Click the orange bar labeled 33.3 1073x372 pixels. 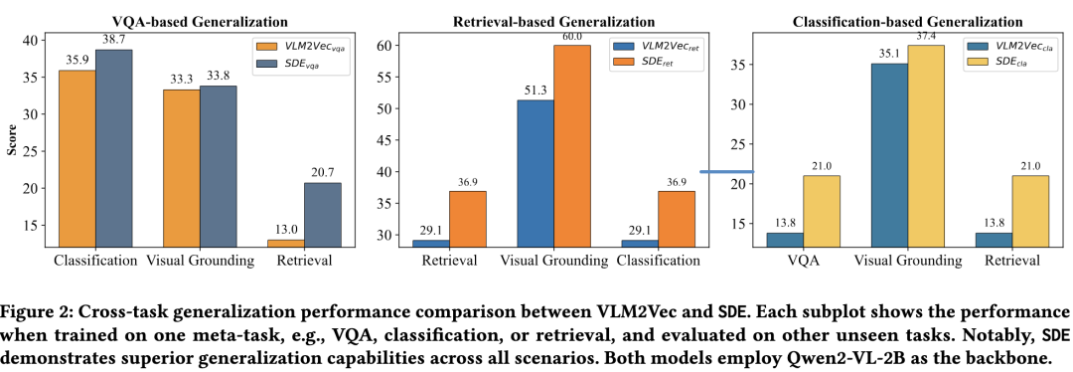tap(182, 168)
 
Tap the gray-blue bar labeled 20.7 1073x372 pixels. tap(322, 215)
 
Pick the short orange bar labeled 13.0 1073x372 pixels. tap(286, 244)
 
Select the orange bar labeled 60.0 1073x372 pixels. tap(572, 146)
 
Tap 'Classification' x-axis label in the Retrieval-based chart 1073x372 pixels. tap(659, 261)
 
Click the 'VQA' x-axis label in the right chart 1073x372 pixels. tap(803, 261)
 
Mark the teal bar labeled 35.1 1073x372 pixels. tap(888, 155)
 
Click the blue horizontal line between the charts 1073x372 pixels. tap(726, 171)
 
